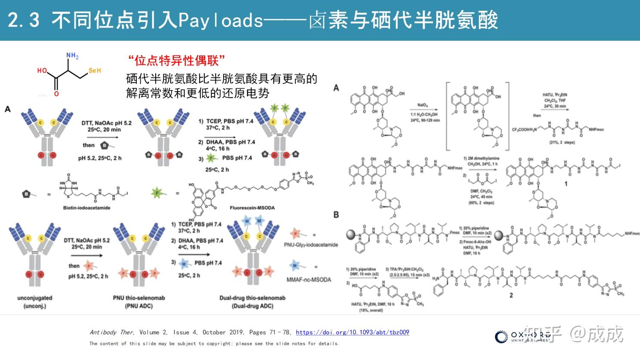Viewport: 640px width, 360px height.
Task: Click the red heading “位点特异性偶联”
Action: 176,61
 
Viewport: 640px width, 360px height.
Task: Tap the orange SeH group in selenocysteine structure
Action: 95,71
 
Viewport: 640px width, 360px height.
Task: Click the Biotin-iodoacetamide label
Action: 86,208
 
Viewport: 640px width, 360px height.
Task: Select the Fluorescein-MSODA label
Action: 252,208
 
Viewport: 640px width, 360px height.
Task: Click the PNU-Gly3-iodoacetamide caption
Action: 311,245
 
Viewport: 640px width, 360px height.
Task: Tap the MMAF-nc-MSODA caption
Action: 309,280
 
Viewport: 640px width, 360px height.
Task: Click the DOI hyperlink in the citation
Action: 352,332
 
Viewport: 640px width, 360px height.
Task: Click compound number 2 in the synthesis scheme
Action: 511,295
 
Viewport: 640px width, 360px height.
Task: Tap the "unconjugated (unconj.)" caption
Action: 34,302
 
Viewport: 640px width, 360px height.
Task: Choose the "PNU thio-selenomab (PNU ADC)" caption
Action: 138,302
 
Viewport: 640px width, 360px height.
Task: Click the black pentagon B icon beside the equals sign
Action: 26,194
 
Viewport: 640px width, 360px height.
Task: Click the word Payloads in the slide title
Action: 220,20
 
